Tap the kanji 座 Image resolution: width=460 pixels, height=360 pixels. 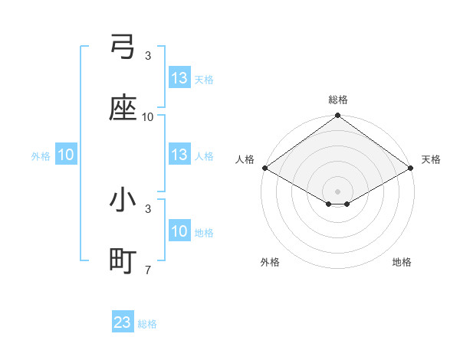[x=123, y=109]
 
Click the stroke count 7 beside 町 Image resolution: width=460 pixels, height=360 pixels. [x=148, y=270]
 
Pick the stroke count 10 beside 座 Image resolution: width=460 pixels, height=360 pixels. [x=148, y=117]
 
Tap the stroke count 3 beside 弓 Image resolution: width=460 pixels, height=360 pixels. [x=148, y=56]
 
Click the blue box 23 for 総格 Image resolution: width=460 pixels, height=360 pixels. [x=123, y=322]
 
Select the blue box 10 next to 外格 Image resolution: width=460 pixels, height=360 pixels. [x=66, y=155]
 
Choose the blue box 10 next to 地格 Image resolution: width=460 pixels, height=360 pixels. [x=179, y=232]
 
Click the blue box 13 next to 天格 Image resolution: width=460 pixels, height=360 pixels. [x=179, y=78]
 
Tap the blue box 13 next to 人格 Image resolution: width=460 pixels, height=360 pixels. [x=179, y=155]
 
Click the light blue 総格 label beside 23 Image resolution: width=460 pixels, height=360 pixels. [x=148, y=324]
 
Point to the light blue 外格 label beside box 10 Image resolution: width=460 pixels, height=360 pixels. [x=41, y=156]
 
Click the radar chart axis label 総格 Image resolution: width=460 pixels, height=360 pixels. [x=338, y=100]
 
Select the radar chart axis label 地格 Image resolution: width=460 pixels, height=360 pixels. [x=402, y=262]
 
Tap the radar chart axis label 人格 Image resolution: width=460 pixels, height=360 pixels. [x=245, y=159]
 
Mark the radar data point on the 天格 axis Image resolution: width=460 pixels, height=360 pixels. [x=412, y=168]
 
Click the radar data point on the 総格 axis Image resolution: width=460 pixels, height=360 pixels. [x=338, y=116]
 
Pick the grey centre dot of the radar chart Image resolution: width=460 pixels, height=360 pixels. [x=338, y=191]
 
